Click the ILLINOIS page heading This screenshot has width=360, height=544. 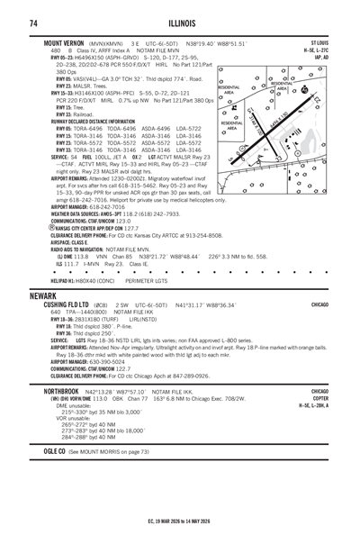[180, 22]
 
